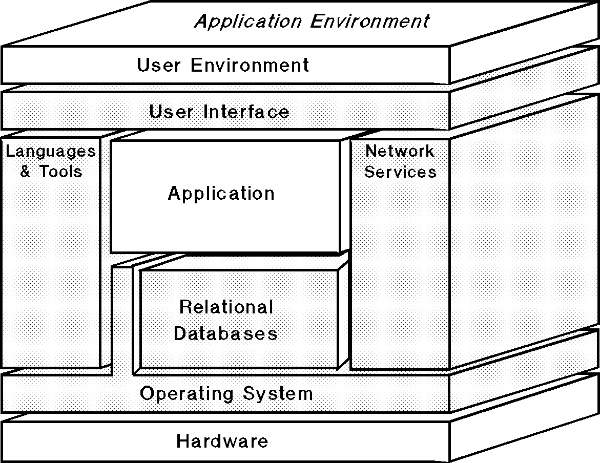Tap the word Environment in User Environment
click(x=250, y=65)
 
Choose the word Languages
click(x=51, y=152)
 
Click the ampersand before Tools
click(x=26, y=171)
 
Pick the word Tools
click(x=61, y=171)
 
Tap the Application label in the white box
click(x=221, y=194)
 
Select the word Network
click(x=400, y=151)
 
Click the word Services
click(x=400, y=172)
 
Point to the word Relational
click(x=226, y=307)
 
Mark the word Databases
click(x=225, y=333)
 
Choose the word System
click(x=278, y=393)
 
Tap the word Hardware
click(x=222, y=441)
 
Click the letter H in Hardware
click(x=182, y=441)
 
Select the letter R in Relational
click(x=185, y=307)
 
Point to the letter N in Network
click(x=371, y=151)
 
